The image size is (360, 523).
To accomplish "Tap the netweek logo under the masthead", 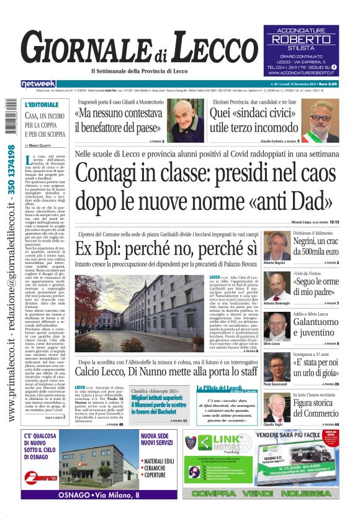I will point(38,84).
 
